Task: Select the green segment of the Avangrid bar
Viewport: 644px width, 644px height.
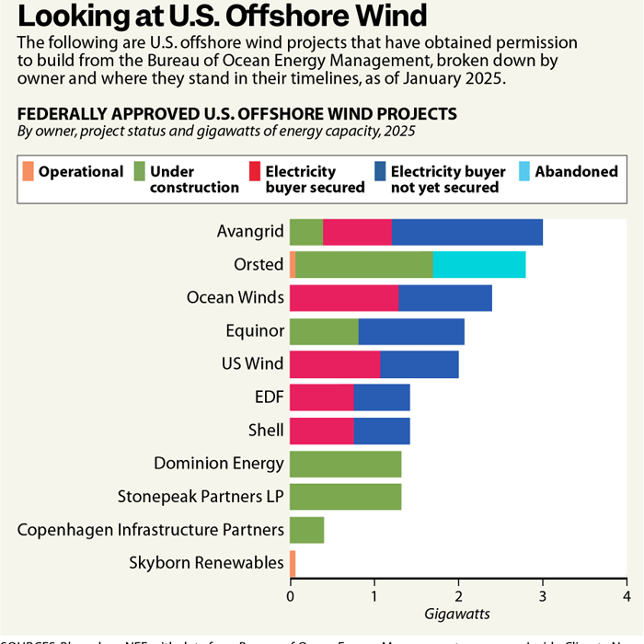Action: [x=306, y=232]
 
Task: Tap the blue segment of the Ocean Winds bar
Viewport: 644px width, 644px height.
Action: [x=445, y=298]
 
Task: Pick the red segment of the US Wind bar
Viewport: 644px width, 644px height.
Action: [x=335, y=364]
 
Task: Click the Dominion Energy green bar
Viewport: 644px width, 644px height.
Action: [x=345, y=464]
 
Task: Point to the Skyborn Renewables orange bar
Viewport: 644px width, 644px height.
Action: [x=293, y=563]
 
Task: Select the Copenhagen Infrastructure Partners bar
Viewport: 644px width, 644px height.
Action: [x=306, y=530]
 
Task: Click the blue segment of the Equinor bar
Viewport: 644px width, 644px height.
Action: [x=411, y=331]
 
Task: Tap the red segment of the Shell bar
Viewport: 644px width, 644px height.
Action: [x=322, y=431]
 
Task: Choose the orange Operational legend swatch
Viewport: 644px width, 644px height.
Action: [x=28, y=171]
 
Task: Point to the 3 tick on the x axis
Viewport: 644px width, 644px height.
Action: [x=542, y=593]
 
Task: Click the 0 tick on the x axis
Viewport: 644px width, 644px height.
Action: [x=290, y=593]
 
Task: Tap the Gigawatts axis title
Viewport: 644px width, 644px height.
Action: [x=457, y=613]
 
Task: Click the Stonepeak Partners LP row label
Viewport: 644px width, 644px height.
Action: [x=201, y=497]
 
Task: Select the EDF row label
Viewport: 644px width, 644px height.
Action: [x=268, y=397]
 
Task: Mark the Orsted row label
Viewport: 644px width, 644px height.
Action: [x=259, y=265]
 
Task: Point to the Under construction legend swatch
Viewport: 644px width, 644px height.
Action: [x=140, y=171]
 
